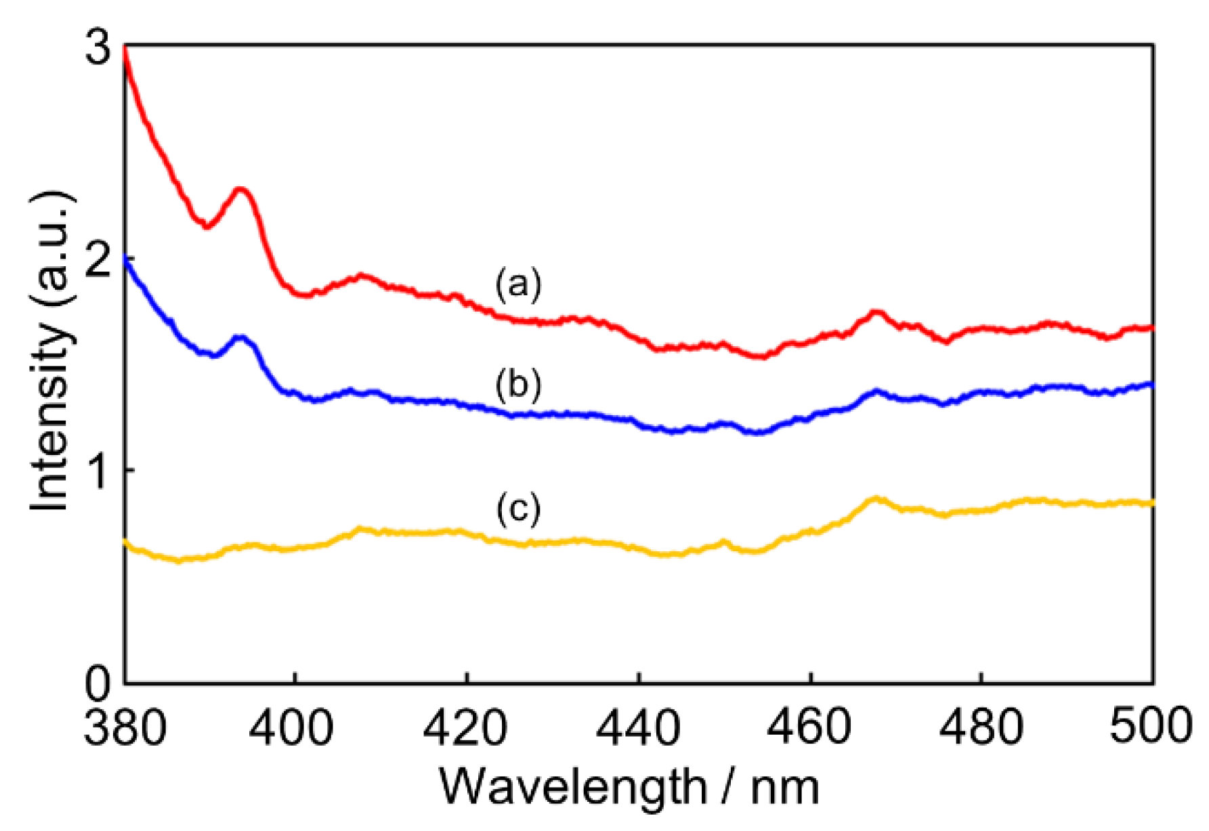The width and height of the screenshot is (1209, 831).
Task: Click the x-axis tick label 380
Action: coord(125,726)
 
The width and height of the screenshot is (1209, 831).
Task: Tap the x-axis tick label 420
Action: coord(466,726)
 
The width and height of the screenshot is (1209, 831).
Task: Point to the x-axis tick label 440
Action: coord(638,726)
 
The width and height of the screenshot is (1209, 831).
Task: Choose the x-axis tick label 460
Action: coord(810,726)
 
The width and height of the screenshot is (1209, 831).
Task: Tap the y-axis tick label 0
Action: coord(99,683)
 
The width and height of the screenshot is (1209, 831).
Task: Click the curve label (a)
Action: coord(518,284)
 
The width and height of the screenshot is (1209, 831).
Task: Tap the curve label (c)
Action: coord(518,508)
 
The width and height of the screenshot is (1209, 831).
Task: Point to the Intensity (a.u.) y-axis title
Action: coord(51,352)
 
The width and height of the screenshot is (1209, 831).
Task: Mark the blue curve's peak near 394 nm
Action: coord(240,337)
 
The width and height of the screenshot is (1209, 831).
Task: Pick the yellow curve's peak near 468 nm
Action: coord(876,499)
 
